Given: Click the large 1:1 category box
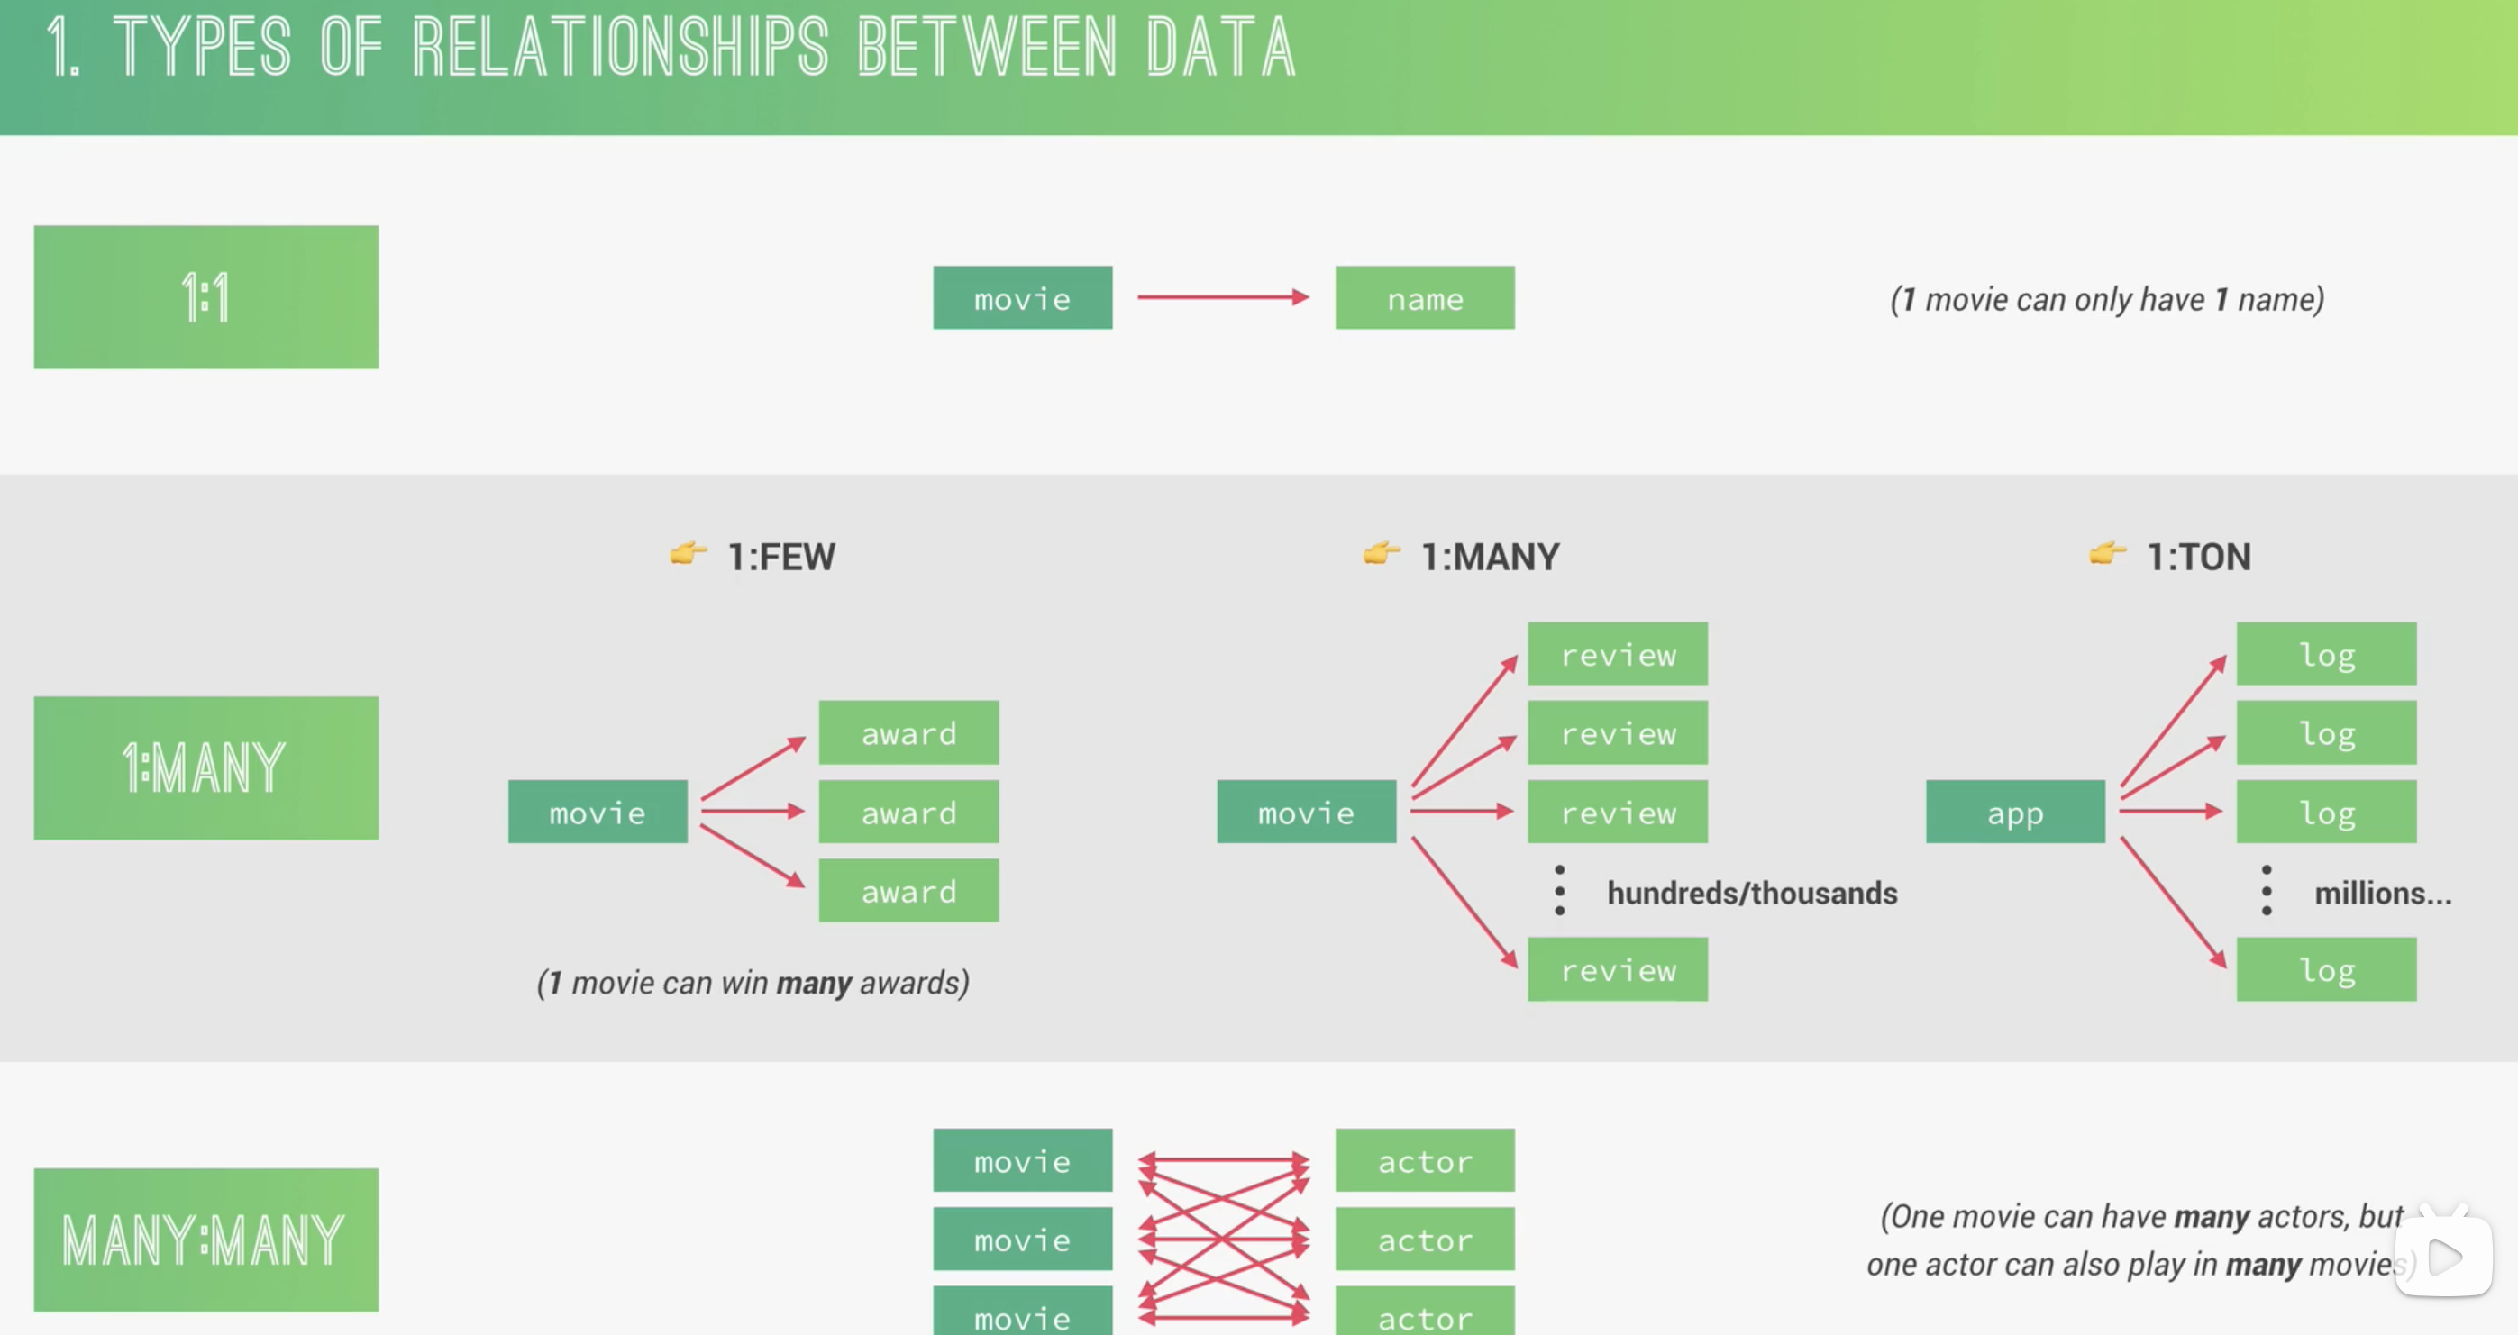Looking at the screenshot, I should point(205,297).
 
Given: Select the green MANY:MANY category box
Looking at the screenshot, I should point(205,1240).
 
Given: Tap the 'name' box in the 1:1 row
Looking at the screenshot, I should point(1424,298).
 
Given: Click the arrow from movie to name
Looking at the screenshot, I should point(1222,297).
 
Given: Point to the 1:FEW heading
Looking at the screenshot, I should point(781,557).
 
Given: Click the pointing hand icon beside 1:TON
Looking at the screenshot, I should point(2106,554).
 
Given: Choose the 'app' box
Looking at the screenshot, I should point(2014,813).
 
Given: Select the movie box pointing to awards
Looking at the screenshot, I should point(598,813).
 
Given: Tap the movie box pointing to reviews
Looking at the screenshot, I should point(1306,813).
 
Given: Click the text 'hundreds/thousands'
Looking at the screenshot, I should point(1752,894).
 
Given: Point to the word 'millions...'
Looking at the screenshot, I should point(2382,894).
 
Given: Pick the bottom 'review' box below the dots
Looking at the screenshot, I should point(1618,969).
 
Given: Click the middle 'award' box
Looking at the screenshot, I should point(908,813).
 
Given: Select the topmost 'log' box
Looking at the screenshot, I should point(2325,654).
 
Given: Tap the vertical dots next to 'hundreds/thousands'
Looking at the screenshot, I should point(1560,890).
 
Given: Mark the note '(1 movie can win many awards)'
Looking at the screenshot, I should point(753,982).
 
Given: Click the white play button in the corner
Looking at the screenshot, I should point(2444,1257).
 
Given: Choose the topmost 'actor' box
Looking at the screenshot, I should point(1424,1161).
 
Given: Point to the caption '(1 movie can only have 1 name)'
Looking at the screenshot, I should point(2106,299).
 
